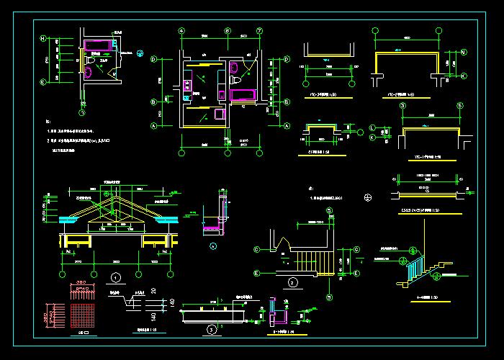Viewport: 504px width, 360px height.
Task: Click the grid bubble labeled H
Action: pos(43,38)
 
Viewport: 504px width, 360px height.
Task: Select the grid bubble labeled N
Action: pos(464,52)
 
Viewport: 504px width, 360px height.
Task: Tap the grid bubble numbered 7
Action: pos(259,30)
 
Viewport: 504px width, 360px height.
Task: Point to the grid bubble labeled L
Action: pos(372,127)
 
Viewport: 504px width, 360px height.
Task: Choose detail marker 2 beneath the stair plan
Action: pos(293,282)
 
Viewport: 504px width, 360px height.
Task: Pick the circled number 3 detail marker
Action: pos(211,329)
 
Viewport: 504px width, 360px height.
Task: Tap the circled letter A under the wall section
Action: pos(213,246)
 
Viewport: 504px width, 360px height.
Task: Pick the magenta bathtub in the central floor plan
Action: pos(240,94)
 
